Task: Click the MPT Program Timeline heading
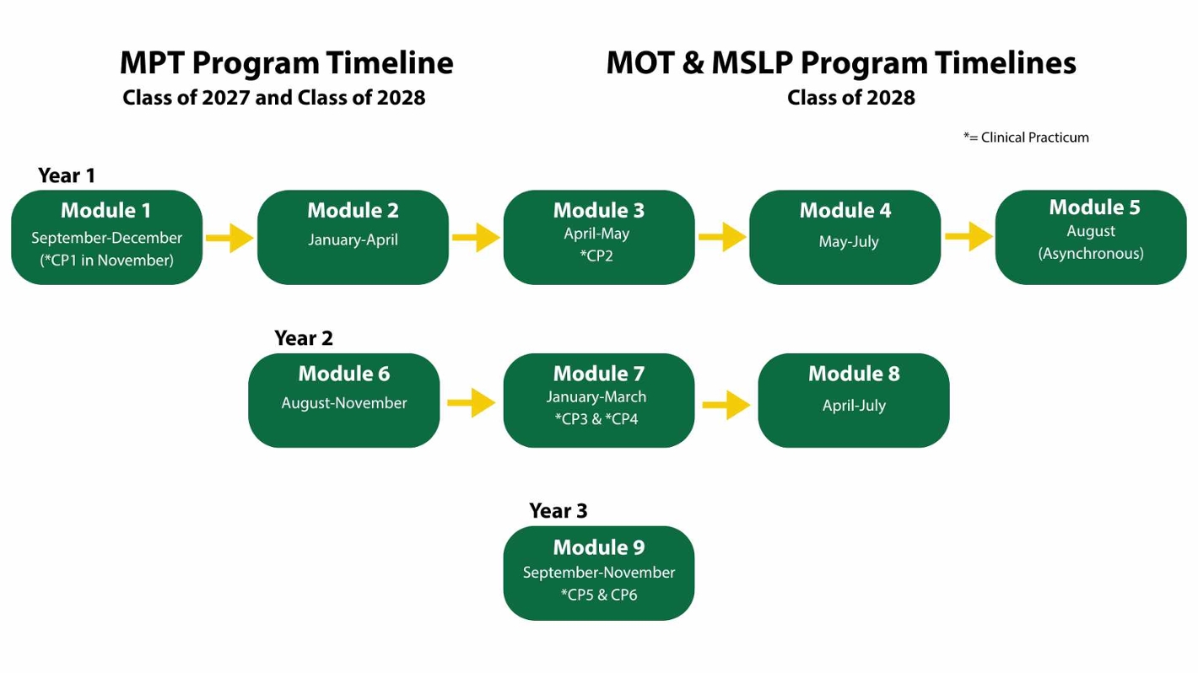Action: coord(287,63)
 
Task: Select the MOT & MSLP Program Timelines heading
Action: coord(841,63)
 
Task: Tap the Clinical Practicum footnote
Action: coord(1027,137)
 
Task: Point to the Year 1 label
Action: coord(67,175)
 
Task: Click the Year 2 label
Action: coord(304,338)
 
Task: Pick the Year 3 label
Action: coord(559,510)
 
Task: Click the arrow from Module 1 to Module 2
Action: coord(230,238)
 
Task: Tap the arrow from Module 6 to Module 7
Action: coord(471,402)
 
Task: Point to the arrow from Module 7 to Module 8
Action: coord(726,405)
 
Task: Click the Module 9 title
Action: coord(599,547)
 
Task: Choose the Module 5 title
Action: coord(1095,207)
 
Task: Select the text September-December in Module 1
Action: coord(107,238)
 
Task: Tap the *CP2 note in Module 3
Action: coord(596,256)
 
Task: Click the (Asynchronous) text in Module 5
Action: coord(1091,253)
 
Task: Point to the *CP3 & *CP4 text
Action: coord(596,419)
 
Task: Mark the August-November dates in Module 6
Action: coord(344,403)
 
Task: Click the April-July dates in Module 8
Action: coord(854,406)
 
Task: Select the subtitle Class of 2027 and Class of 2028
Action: coord(274,98)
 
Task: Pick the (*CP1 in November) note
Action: coord(107,261)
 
